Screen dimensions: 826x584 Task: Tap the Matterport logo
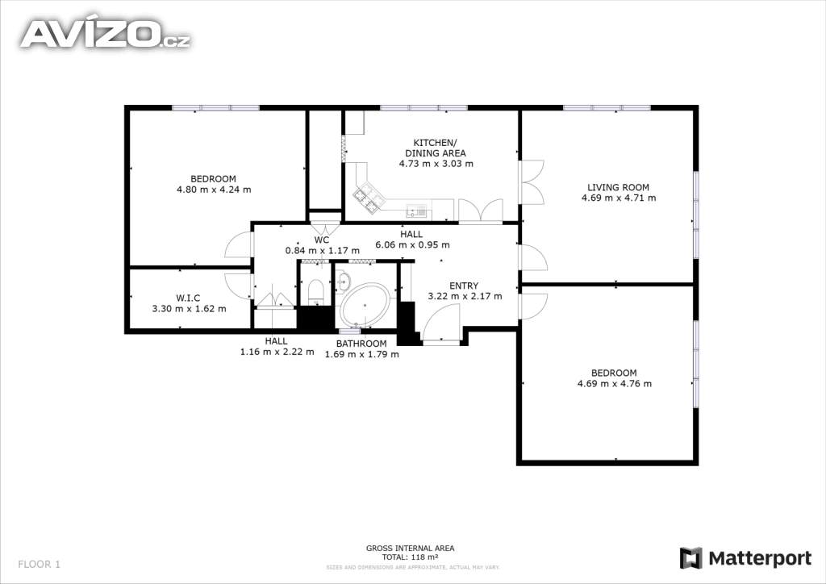point(745,558)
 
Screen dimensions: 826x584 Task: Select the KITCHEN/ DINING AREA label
point(435,148)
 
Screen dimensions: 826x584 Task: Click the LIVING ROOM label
point(619,187)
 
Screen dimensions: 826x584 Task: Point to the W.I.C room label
point(188,298)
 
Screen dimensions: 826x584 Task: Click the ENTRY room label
point(464,286)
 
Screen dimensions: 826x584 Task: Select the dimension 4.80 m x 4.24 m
point(214,190)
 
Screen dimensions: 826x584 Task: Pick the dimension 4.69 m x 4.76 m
point(614,383)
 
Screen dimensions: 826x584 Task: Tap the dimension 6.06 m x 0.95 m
point(412,245)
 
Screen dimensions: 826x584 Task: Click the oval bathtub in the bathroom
point(365,306)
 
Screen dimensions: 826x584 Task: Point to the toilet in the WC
point(315,291)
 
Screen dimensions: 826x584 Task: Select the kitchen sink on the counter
point(417,211)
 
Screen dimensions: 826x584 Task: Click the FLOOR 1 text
point(39,565)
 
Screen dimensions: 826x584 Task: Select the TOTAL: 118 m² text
point(411,557)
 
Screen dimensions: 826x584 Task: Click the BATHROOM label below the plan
point(361,344)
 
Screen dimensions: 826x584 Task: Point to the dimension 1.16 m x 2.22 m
point(277,352)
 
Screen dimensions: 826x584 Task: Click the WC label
point(322,240)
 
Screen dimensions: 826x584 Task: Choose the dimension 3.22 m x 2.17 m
point(465,297)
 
